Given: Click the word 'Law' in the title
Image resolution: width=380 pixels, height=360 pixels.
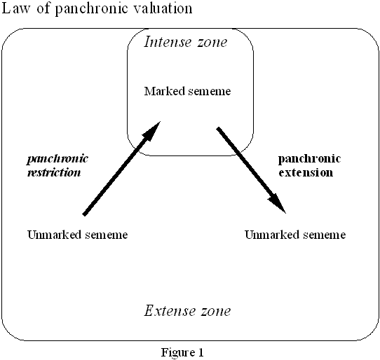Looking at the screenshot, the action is click(15, 8).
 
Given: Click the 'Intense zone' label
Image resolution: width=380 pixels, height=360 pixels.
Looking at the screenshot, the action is click(186, 42).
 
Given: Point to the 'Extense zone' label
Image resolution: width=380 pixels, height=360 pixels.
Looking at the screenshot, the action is click(188, 310).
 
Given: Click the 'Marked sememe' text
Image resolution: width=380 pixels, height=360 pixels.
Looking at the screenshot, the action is click(188, 91).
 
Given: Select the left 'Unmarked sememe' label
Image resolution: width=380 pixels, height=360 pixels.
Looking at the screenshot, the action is click(78, 235).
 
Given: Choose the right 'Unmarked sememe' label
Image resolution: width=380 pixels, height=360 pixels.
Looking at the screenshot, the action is click(295, 235).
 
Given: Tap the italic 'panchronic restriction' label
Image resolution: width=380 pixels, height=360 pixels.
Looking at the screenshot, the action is click(57, 166).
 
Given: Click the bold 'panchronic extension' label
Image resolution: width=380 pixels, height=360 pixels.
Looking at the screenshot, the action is click(309, 166).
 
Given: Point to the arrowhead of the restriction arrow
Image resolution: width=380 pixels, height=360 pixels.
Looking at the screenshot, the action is click(160, 122).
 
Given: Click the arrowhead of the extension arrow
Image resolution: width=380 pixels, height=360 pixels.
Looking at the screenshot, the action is click(286, 213).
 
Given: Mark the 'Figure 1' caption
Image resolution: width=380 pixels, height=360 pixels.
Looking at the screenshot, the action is click(182, 352).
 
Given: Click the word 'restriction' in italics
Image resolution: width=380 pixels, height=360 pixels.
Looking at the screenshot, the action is click(54, 172).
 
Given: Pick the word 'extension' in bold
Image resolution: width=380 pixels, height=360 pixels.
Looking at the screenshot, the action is click(306, 172).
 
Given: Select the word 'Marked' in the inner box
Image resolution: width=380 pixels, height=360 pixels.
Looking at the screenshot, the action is click(165, 91).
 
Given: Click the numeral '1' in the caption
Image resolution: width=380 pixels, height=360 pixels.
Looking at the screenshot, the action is click(201, 352).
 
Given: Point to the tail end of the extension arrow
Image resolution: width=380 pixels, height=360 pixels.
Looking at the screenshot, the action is click(218, 129).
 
